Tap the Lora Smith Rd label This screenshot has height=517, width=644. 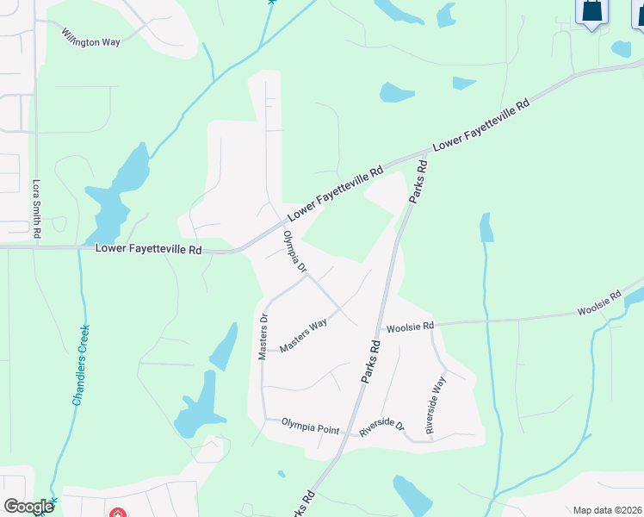pos(36,209)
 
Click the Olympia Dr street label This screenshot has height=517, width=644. pos(295,252)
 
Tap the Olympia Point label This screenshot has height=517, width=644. pos(310,427)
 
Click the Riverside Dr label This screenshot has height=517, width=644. pos(381,427)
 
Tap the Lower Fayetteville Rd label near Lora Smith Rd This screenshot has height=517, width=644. pos(147,250)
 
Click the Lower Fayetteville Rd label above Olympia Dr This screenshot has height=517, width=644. pos(335,192)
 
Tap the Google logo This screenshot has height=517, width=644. pos(28,507)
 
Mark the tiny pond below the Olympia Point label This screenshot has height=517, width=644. pos(282,473)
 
